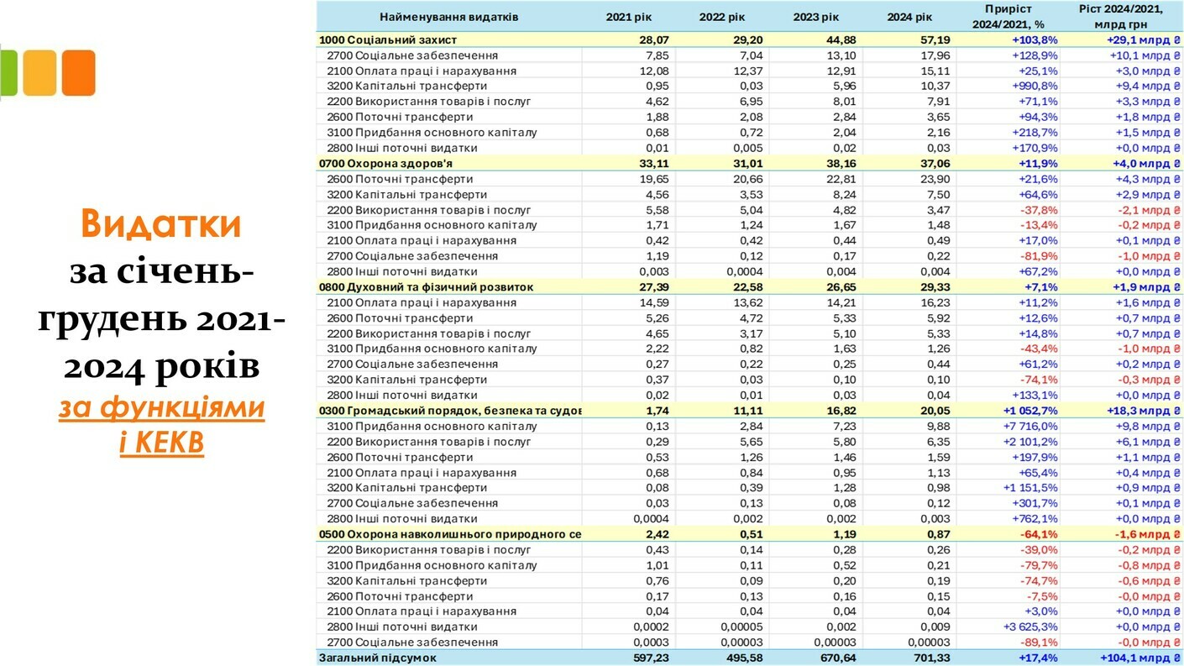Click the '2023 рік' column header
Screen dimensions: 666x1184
[x=815, y=17]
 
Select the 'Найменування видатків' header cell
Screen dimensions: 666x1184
[x=449, y=17]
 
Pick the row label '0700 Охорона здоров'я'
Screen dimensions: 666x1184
[x=375, y=163]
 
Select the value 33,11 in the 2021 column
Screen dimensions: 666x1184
[x=652, y=163]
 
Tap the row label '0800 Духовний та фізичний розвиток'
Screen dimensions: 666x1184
[x=426, y=287]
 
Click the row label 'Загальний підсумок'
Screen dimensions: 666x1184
[x=377, y=658]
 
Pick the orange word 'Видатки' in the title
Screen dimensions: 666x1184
[x=161, y=224]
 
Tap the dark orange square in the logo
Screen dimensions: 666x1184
[x=78, y=73]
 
